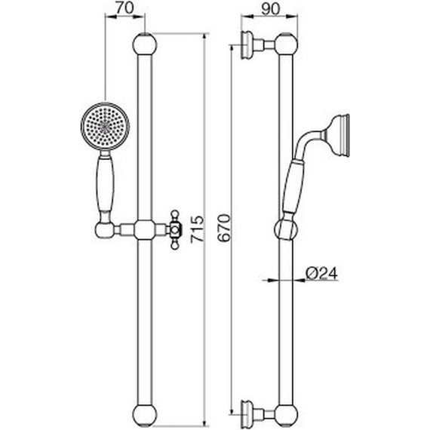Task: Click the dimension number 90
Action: point(268,11)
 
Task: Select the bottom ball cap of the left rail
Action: point(143,413)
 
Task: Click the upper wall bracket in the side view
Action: point(253,45)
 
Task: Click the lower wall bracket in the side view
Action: point(253,412)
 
